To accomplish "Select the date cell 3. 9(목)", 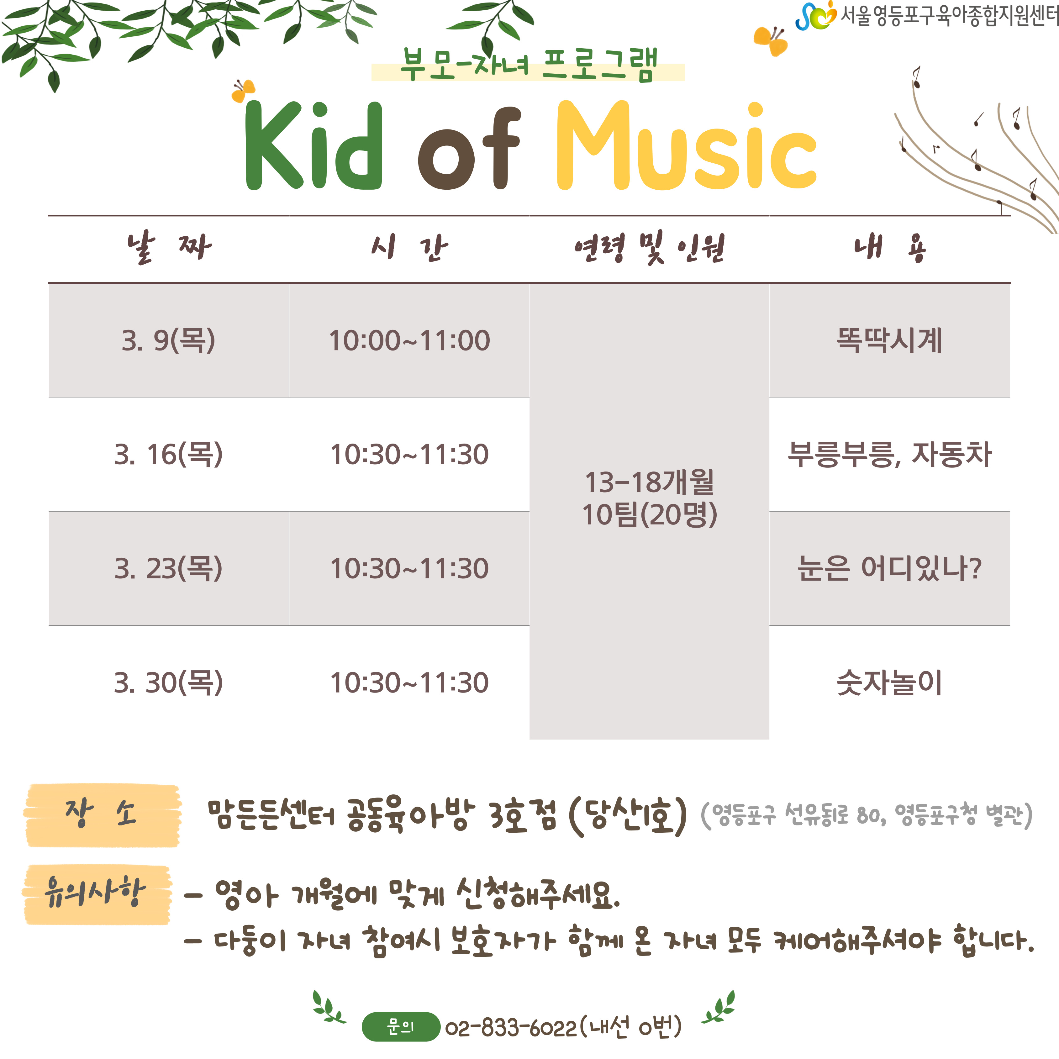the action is (x=168, y=340).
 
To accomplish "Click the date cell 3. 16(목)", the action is (x=168, y=454).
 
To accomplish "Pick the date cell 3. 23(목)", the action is (x=168, y=568).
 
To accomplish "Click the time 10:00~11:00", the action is (x=409, y=340).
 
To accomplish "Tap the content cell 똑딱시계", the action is (x=889, y=340).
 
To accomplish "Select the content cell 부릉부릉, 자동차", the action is (x=889, y=454).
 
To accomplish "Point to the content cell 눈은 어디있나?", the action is (x=889, y=568).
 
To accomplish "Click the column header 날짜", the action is (x=168, y=248).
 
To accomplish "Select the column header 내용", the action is (x=889, y=248).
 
